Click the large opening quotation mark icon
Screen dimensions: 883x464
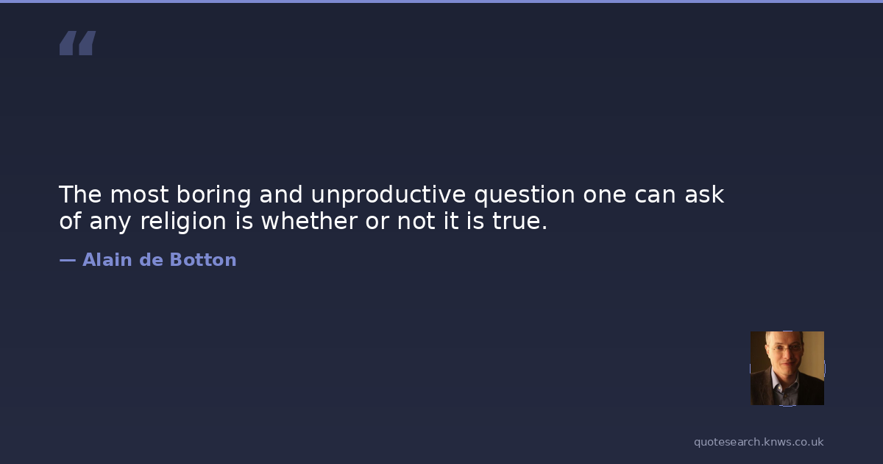click(78, 43)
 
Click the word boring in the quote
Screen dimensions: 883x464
click(213, 195)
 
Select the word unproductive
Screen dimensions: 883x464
click(389, 195)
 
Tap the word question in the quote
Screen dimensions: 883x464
click(525, 195)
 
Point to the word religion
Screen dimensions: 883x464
click(183, 221)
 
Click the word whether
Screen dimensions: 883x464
click(309, 220)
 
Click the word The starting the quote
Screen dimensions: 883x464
click(80, 194)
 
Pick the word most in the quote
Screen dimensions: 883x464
click(139, 195)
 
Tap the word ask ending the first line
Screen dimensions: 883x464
click(704, 194)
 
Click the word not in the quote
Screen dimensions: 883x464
click(416, 222)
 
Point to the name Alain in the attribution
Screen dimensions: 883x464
click(107, 259)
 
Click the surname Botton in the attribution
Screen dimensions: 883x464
click(203, 259)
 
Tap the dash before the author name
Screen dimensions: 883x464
click(68, 260)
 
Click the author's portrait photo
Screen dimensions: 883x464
click(787, 368)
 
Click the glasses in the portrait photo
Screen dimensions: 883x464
click(787, 348)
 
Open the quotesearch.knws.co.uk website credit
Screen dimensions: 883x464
click(759, 442)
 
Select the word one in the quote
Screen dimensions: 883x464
click(605, 195)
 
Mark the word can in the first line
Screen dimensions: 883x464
click(655, 195)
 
